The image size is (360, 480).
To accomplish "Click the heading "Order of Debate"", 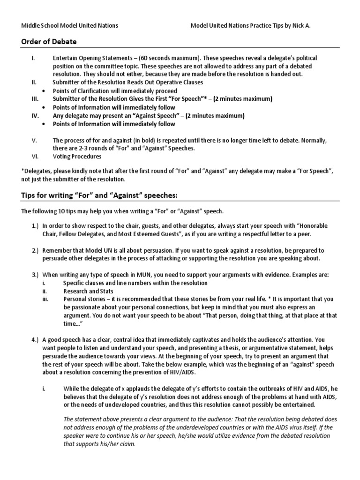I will [x=49, y=42].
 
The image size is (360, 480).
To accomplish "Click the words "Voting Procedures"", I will [x=77, y=157].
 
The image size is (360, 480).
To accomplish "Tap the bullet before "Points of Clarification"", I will [x=43, y=91].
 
